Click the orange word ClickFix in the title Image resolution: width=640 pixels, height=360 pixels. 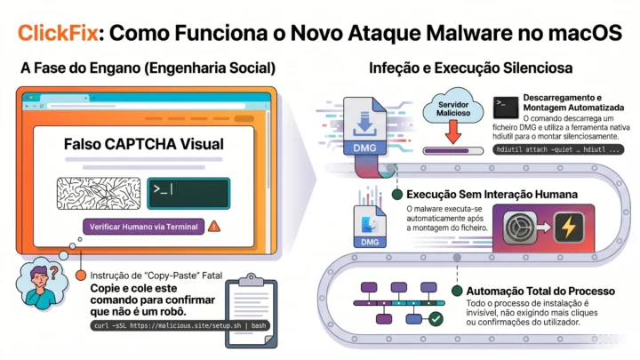(x=58, y=33)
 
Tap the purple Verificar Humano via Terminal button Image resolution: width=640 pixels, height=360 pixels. (x=144, y=227)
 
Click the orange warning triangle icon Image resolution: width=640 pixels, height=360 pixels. (x=214, y=227)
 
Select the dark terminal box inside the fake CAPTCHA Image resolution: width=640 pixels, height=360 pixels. (x=188, y=194)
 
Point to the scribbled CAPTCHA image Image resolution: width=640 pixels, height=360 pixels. (x=99, y=194)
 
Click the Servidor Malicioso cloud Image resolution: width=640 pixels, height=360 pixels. (x=453, y=108)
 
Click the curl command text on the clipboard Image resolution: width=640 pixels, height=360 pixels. (x=180, y=325)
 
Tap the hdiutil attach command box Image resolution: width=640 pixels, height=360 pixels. (x=558, y=149)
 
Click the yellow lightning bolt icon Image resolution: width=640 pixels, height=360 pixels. (x=569, y=227)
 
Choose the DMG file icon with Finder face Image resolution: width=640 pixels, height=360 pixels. (x=370, y=227)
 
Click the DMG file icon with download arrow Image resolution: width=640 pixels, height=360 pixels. (x=364, y=126)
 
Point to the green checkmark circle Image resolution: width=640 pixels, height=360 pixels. (x=436, y=319)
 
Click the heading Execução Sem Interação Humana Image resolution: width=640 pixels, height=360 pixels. (x=492, y=195)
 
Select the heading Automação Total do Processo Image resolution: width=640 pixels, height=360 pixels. (x=540, y=291)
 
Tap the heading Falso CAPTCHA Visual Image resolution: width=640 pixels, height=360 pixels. (x=144, y=144)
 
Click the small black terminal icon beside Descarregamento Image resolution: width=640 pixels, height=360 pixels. (x=506, y=107)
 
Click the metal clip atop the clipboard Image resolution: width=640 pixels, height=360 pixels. (x=251, y=280)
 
